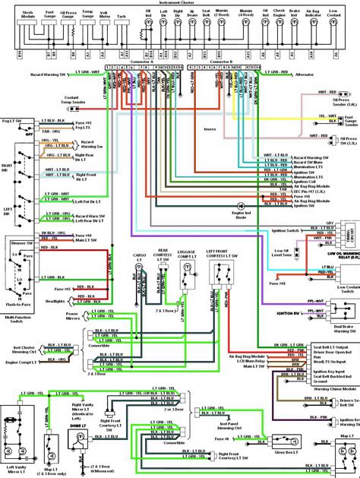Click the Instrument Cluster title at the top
[180, 3]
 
